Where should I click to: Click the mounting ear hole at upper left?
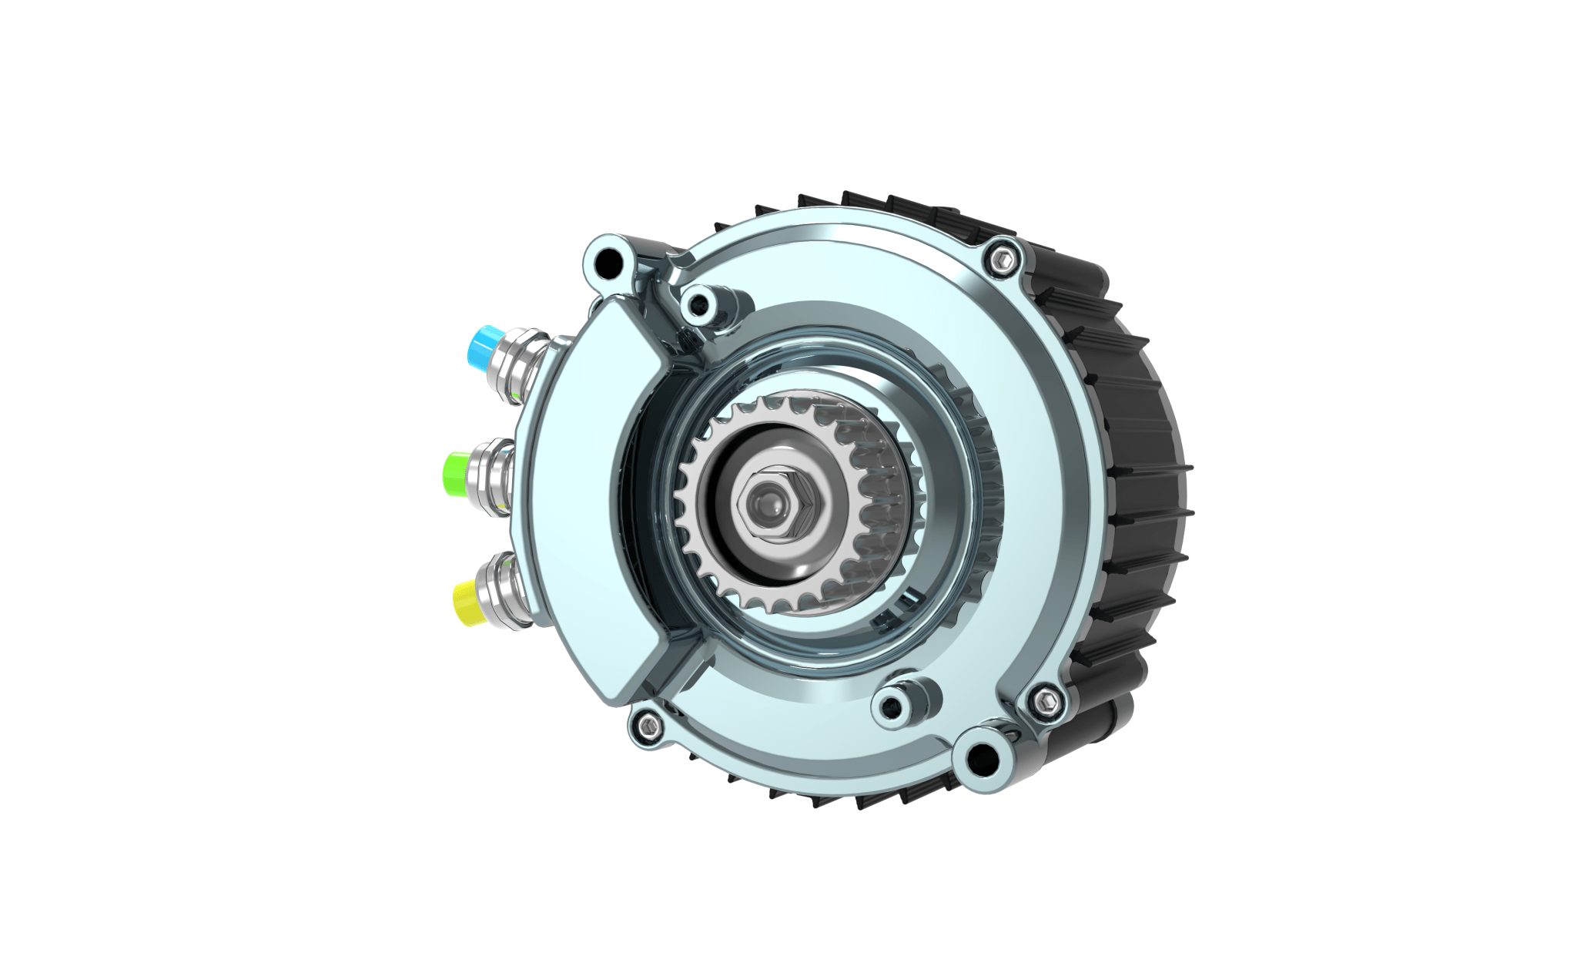click(x=610, y=262)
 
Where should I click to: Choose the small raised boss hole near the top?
click(x=699, y=305)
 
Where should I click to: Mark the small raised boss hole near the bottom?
click(x=893, y=702)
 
